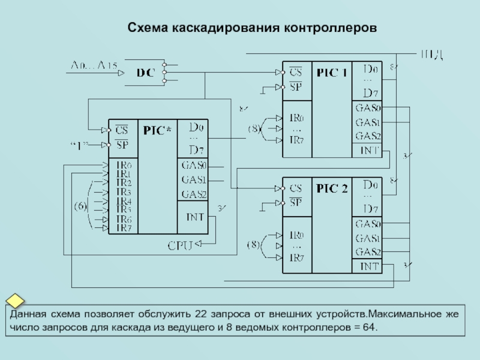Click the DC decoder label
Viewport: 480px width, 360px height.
coord(145,73)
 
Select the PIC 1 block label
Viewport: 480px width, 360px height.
coord(332,73)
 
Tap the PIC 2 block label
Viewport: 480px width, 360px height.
coord(332,189)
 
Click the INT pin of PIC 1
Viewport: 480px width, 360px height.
coord(367,150)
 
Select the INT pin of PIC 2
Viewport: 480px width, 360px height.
coord(367,266)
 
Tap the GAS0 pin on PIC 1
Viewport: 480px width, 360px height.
coord(367,108)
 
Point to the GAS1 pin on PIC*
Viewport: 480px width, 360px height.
coord(193,179)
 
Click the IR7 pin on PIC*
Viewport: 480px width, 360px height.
coord(124,228)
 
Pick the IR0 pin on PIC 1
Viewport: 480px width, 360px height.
coord(297,118)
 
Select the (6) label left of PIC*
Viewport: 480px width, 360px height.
coord(80,206)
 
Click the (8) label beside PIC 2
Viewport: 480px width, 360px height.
coord(254,245)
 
